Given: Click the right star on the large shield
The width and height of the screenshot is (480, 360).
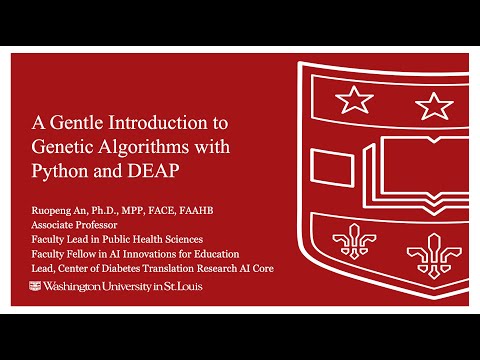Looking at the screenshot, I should coord(433,104).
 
